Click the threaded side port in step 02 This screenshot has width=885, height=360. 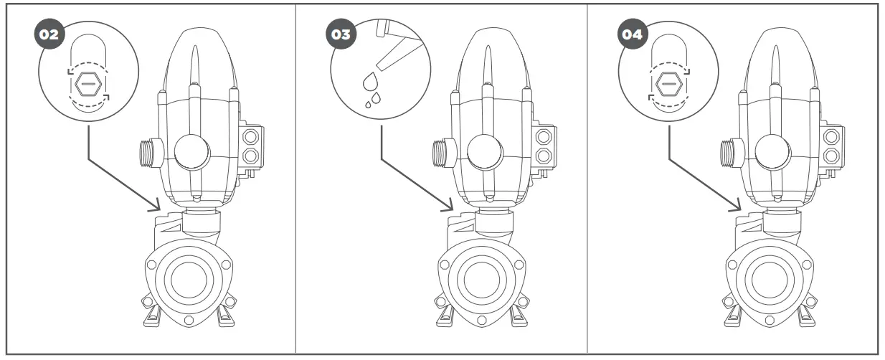click(x=146, y=153)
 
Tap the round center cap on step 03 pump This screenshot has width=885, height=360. click(x=483, y=153)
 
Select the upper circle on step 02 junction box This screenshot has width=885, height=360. click(x=251, y=136)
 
